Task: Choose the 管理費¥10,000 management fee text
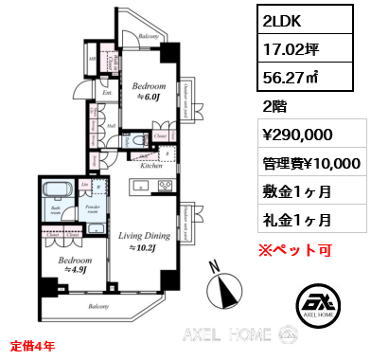point(309,163)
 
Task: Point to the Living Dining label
point(145,239)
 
